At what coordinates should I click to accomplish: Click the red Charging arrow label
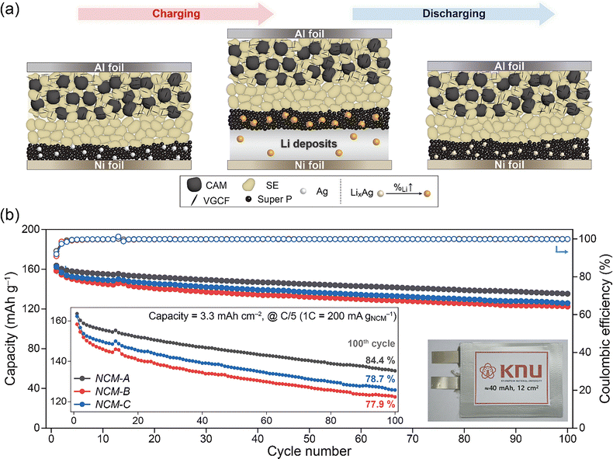point(175,13)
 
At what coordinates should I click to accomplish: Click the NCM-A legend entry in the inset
point(106,377)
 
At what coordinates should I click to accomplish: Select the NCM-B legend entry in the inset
point(106,391)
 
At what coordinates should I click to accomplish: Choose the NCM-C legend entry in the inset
point(106,404)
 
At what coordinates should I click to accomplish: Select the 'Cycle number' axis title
point(309,450)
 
